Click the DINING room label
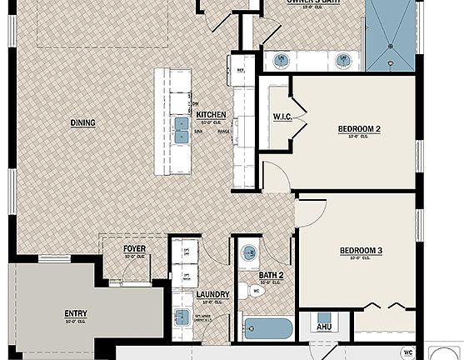(x=82, y=123)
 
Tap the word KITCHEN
(x=211, y=114)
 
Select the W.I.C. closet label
(x=281, y=117)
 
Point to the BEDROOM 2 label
(x=359, y=128)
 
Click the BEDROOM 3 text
(x=360, y=251)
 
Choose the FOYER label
(x=134, y=249)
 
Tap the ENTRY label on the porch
(x=76, y=314)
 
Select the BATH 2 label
(x=272, y=275)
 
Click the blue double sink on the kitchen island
(x=181, y=129)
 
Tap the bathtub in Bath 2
(x=269, y=328)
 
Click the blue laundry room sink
(x=182, y=317)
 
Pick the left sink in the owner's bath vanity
(x=281, y=60)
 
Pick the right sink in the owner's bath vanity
(x=342, y=60)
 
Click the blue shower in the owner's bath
(x=392, y=37)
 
